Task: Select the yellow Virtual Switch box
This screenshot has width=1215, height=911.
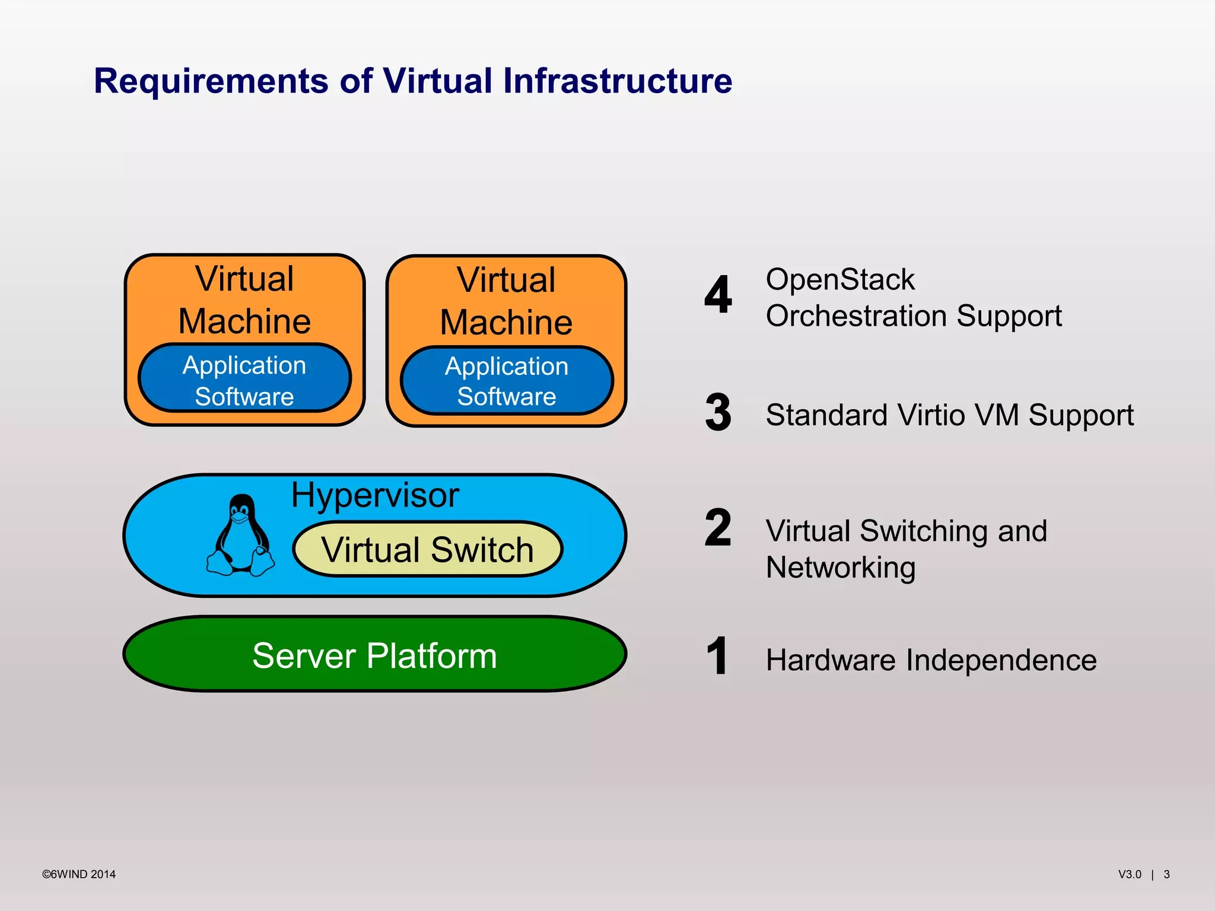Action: pyautogui.click(x=427, y=549)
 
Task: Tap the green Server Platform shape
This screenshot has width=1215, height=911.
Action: pyautogui.click(x=374, y=655)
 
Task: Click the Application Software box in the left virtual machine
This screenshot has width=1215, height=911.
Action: pyautogui.click(x=244, y=380)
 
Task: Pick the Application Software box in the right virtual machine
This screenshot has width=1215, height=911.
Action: pyautogui.click(x=507, y=381)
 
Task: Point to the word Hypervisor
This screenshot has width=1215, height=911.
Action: pyautogui.click(x=375, y=495)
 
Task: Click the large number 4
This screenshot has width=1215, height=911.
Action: pyautogui.click(x=718, y=295)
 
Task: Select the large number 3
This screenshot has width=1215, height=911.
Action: pyautogui.click(x=718, y=413)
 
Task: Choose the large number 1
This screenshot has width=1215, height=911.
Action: pyautogui.click(x=717, y=656)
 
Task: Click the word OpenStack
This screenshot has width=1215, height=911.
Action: pyautogui.click(x=840, y=279)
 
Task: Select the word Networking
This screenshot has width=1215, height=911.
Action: pyautogui.click(x=841, y=568)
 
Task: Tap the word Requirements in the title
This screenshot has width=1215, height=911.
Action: pyautogui.click(x=211, y=81)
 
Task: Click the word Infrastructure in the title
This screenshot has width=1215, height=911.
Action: pyautogui.click(x=618, y=81)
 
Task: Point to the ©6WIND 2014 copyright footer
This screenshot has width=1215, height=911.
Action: pyautogui.click(x=79, y=874)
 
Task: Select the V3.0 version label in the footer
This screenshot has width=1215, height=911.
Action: pyautogui.click(x=1130, y=874)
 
